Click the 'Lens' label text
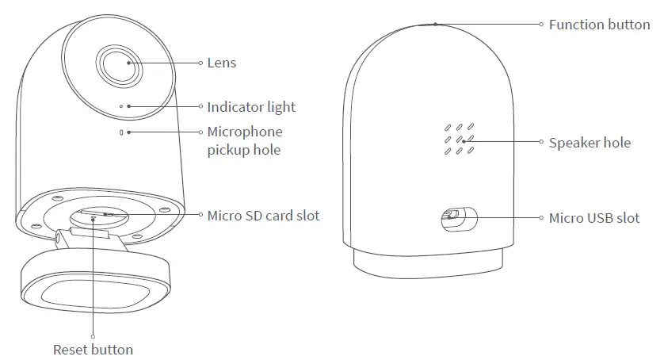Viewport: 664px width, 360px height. click(221, 63)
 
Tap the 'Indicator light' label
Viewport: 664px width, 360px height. click(250, 107)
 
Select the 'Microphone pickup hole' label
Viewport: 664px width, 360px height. click(244, 140)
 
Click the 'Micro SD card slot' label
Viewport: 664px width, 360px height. click(263, 215)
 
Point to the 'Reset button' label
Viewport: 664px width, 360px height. click(93, 349)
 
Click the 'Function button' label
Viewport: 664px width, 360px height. click(599, 25)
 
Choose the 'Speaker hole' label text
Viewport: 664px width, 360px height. click(590, 143)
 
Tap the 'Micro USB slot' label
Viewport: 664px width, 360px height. click(594, 217)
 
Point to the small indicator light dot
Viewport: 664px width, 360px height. click(120, 105)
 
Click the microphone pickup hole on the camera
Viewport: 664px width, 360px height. click(120, 132)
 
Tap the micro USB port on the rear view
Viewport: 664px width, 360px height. click(453, 216)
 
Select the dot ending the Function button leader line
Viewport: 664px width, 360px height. click(435, 24)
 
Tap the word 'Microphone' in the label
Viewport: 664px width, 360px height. click(244, 132)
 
